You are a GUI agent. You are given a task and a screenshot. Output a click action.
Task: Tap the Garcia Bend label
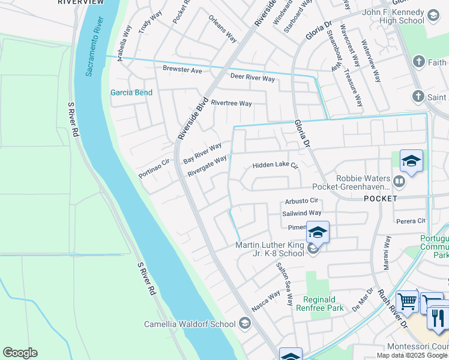(131, 92)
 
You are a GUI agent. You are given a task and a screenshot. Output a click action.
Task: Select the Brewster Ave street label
(182, 70)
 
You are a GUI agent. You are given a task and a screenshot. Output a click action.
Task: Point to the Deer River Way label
(253, 79)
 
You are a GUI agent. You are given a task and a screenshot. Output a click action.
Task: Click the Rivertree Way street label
(231, 103)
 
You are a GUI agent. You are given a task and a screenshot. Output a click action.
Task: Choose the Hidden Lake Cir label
(275, 165)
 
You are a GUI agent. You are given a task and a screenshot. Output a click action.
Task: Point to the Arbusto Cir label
(301, 200)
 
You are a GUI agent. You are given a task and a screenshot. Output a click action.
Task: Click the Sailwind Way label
(302, 213)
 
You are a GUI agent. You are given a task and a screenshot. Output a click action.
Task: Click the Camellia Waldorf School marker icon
(244, 324)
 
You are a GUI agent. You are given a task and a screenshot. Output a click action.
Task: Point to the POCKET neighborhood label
(379, 198)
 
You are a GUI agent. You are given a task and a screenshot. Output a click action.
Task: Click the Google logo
(20, 353)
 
